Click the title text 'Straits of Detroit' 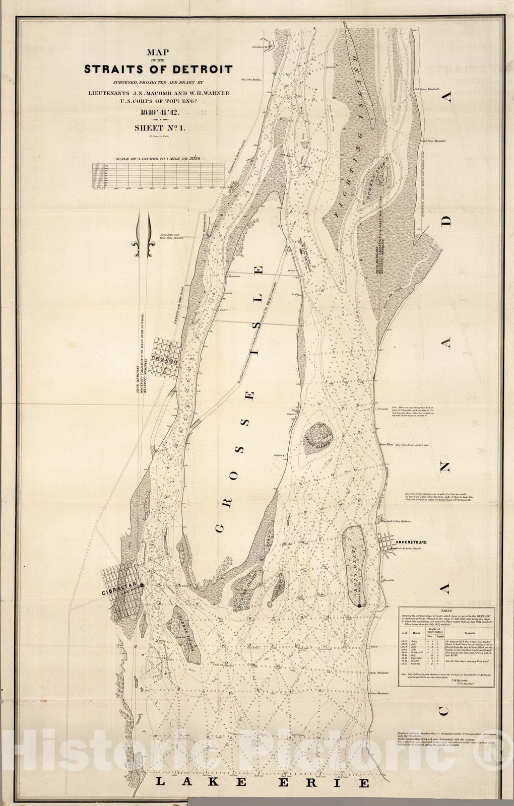158,69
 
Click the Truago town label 166,362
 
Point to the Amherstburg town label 411,543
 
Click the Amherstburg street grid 390,543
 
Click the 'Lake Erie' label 262,782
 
